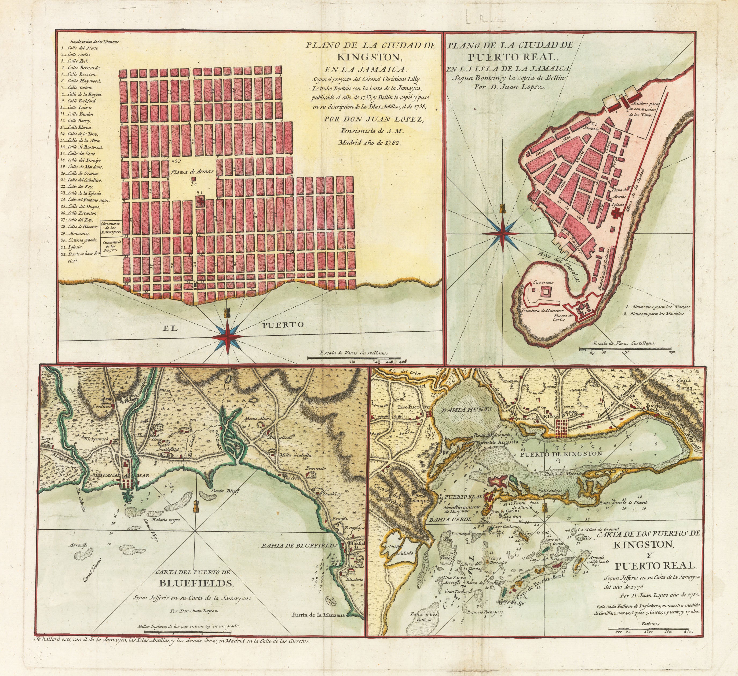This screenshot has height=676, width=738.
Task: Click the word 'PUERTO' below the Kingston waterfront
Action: tap(283, 325)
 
